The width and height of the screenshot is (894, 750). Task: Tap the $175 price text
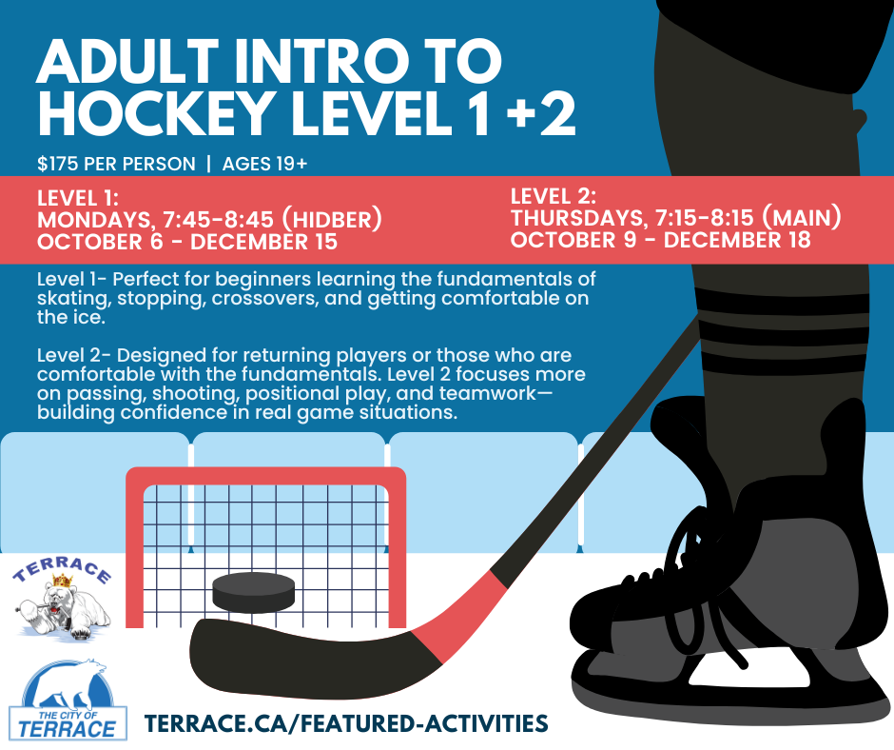pos(59,164)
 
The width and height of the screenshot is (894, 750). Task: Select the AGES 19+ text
pos(265,164)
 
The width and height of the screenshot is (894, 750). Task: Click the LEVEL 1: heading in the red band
pos(78,198)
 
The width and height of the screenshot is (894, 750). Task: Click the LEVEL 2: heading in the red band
pos(554,196)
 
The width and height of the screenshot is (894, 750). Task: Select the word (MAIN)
pos(802,217)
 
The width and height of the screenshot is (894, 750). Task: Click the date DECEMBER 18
pos(737,240)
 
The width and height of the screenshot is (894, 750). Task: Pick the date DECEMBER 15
pos(264,242)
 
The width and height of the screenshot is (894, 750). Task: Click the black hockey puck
pos(254,591)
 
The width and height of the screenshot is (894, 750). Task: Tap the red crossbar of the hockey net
pos(265,476)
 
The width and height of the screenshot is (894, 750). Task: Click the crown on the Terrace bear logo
pos(63,581)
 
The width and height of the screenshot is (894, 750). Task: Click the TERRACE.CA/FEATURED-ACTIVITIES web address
pos(346,723)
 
